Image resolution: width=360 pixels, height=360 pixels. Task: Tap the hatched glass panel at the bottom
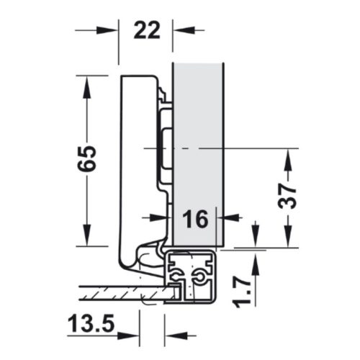click(x=122, y=292)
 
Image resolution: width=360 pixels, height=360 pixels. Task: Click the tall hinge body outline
click(x=137, y=166)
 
